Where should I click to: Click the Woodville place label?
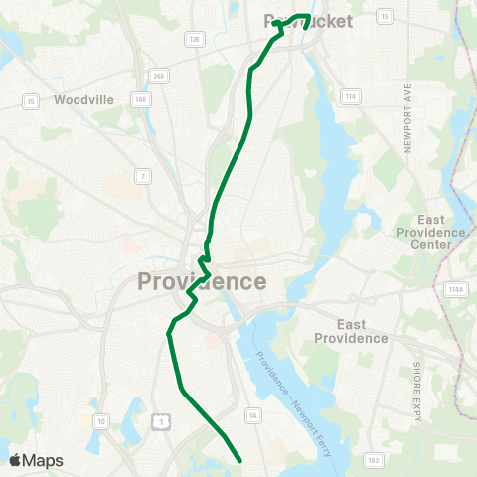point(84,100)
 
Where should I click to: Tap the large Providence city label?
point(202,281)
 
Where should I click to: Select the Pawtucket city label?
point(309,20)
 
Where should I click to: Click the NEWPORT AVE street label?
point(408,118)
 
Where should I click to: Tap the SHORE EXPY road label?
point(416,376)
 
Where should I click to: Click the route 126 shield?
point(195,39)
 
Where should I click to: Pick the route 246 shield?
point(157,76)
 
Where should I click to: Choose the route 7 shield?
point(143,176)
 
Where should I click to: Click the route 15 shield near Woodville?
point(32,100)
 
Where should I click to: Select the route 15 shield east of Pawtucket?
point(384,16)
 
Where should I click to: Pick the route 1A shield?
point(253,414)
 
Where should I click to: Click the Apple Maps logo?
point(36,460)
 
